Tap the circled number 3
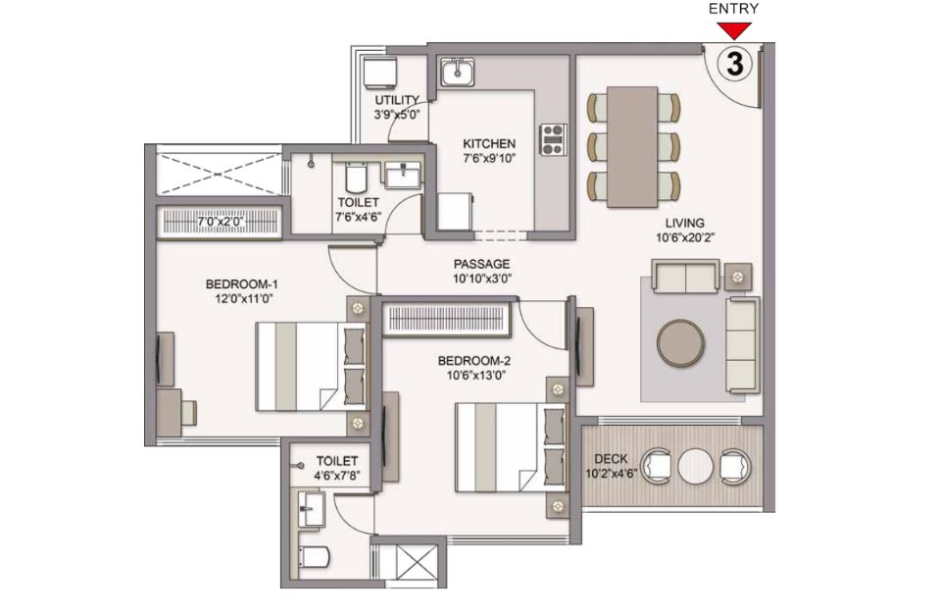click(734, 64)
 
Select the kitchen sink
click(458, 72)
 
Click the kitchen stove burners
click(554, 139)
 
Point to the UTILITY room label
click(397, 99)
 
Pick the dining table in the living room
click(632, 147)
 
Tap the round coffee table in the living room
click(680, 343)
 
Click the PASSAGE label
click(481, 264)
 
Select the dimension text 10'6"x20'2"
click(685, 237)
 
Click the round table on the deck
click(695, 466)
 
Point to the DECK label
click(611, 459)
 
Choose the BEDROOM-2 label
click(473, 361)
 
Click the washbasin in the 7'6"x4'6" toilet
click(403, 175)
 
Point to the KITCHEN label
click(489, 143)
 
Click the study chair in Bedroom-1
click(188, 413)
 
